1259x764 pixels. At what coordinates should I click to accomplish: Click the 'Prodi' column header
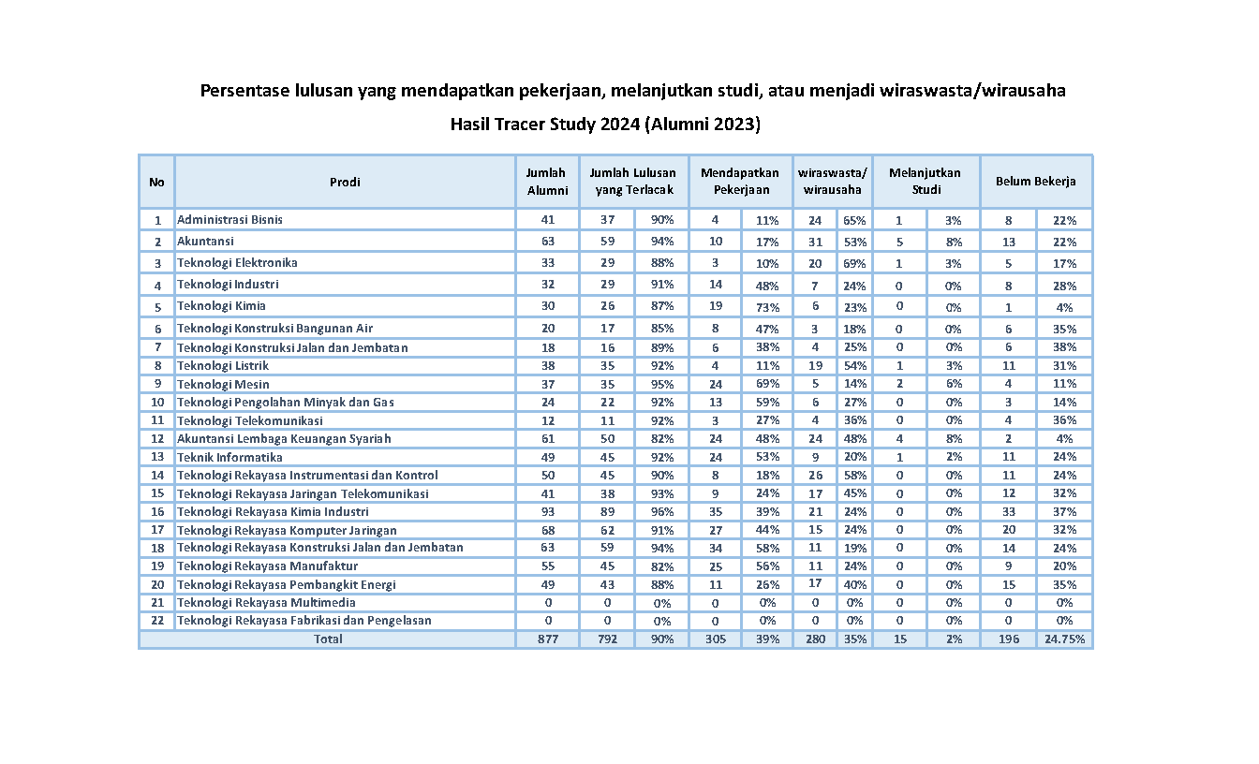pos(345,183)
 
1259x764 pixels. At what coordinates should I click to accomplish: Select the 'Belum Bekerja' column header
pos(1035,183)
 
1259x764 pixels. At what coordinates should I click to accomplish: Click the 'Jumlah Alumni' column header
pos(547,182)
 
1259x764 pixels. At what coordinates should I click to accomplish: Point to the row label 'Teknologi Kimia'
pos(221,306)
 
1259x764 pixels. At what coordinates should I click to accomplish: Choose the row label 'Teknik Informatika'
pos(230,458)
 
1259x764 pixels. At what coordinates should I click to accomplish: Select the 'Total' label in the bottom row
pos(328,639)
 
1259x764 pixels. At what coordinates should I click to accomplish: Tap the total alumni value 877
pos(547,639)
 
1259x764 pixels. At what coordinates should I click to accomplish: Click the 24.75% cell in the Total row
pos(1064,639)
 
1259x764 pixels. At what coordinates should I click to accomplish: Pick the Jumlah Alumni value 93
pos(547,512)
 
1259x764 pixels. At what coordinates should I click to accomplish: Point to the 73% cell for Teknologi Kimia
pos(767,307)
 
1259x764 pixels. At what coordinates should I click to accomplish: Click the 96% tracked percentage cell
pos(661,512)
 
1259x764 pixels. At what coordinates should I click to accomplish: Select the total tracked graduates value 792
pos(607,639)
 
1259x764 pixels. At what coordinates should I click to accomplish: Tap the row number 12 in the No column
pos(156,439)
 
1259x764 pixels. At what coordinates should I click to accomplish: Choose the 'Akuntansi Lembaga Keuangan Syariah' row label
pos(284,439)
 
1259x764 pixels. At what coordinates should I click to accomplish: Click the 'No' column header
pos(156,183)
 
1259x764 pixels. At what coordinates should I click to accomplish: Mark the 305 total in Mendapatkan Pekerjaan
pos(715,639)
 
